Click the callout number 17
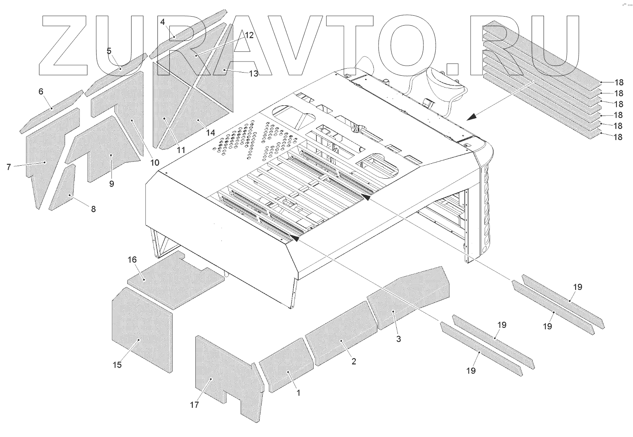pos(194,405)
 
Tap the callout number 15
pos(117,365)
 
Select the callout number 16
pos(132,260)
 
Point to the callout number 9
pos(111,184)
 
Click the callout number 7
pos(9,167)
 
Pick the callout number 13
pos(253,73)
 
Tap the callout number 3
pos(398,339)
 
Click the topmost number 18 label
pos(619,82)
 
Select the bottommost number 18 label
pos(619,137)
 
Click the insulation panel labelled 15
pos(142,327)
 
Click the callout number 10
pos(154,162)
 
